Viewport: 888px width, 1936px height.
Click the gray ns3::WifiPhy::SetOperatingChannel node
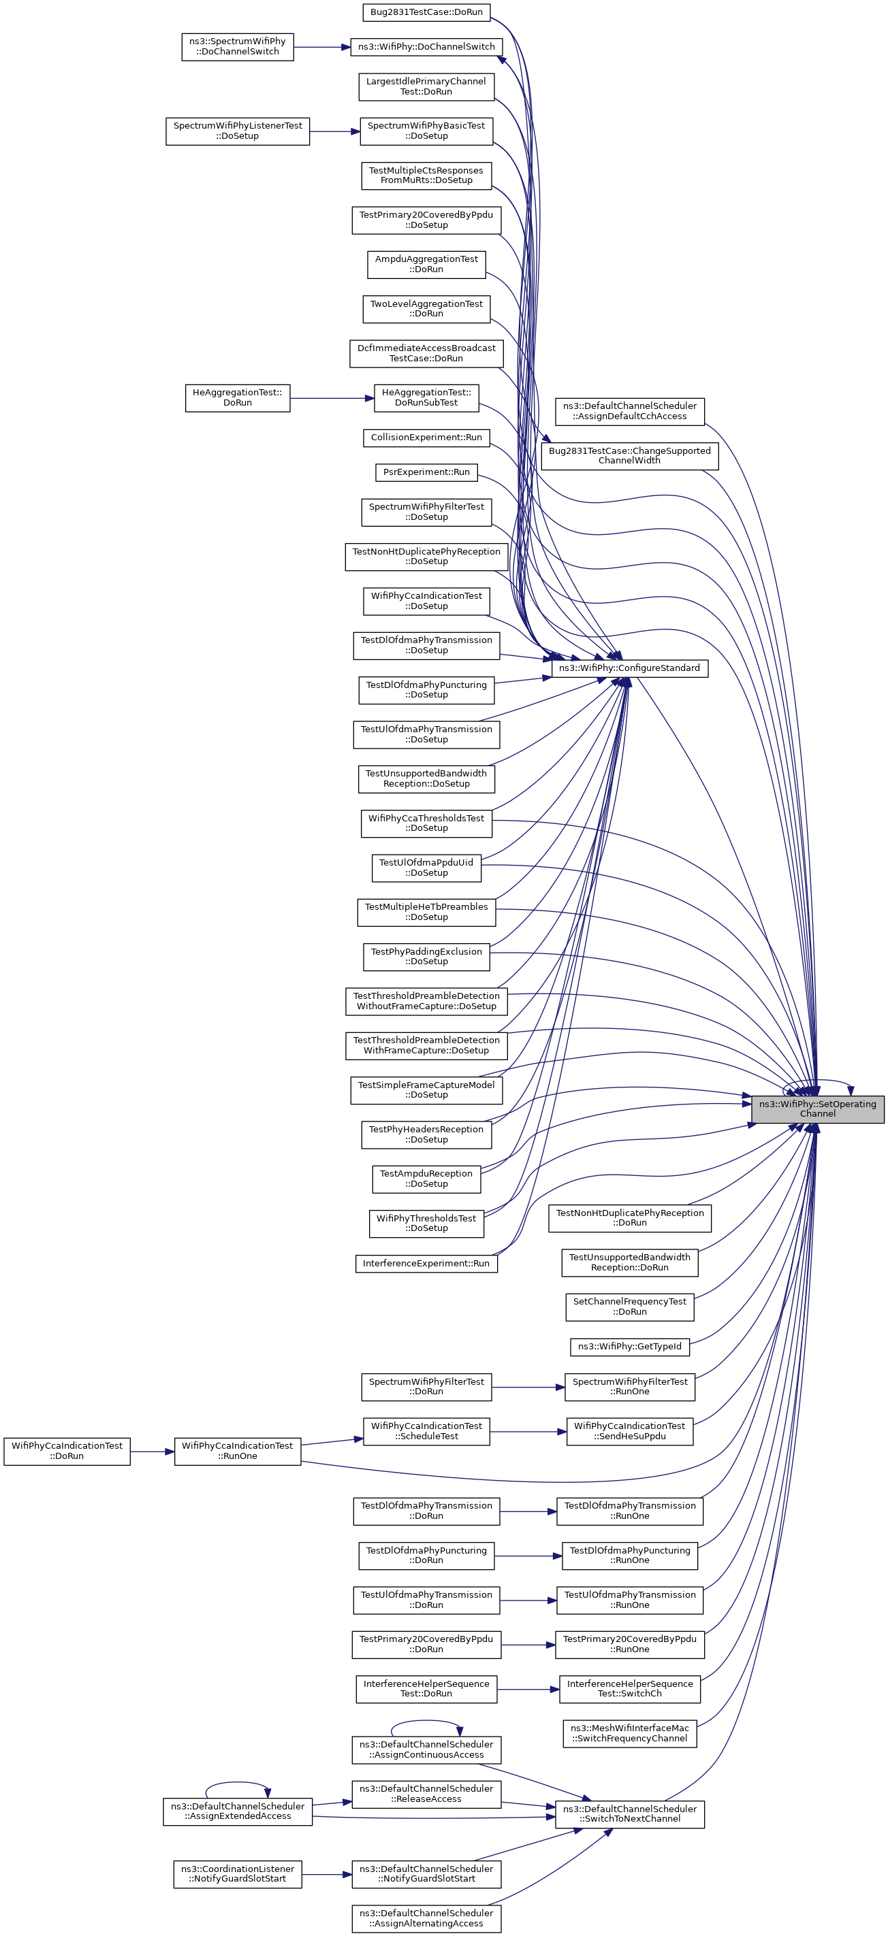coord(817,1109)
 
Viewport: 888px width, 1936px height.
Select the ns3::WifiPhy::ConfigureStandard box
coord(629,668)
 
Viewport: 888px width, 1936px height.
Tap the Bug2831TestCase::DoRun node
coord(426,12)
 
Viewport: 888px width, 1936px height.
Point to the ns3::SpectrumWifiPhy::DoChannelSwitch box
coord(237,46)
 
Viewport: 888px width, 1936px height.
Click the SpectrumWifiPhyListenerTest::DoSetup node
coord(237,131)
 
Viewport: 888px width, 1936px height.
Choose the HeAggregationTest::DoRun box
coord(237,397)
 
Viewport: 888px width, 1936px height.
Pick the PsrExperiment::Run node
coord(426,472)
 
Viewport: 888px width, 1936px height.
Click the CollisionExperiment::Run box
coord(426,438)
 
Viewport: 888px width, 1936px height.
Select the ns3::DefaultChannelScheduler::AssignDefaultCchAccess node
coord(629,411)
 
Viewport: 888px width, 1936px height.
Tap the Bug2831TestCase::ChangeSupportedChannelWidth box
coord(629,455)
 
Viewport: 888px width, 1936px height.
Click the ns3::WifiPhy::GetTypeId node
coord(629,1346)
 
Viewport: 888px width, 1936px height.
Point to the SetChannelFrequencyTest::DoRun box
coord(629,1306)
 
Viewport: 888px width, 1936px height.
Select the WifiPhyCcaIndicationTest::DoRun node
coord(67,1451)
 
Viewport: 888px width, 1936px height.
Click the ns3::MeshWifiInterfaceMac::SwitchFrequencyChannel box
coord(629,1733)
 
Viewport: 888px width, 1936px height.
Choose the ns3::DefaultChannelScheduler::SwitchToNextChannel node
coord(629,1814)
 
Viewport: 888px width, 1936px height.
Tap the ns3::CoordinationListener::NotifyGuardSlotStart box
coord(237,1873)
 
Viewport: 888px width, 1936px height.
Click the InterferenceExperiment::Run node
coord(426,1264)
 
